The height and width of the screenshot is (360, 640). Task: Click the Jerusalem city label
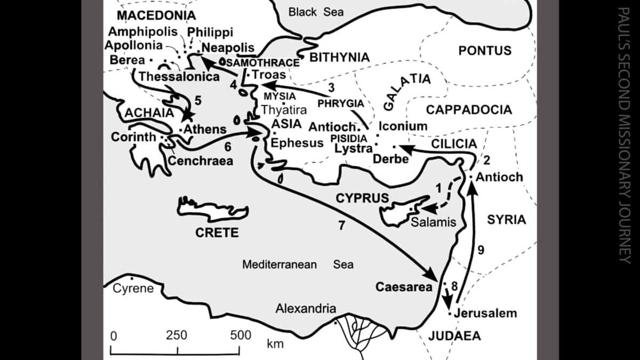(x=485, y=313)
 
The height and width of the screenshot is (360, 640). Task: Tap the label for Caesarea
(x=403, y=287)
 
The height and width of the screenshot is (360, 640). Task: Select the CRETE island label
(x=217, y=233)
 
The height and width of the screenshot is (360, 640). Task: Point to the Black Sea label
(x=316, y=12)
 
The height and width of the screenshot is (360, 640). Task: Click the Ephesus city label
(x=297, y=143)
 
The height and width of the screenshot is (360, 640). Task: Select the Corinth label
(x=134, y=137)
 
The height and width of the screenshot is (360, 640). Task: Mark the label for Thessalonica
(x=179, y=77)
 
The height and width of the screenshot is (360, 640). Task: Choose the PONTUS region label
(x=485, y=51)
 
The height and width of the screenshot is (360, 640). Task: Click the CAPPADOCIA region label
(x=469, y=110)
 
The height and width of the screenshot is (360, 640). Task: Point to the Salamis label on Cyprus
(x=434, y=221)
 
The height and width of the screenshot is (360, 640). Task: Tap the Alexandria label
(x=306, y=308)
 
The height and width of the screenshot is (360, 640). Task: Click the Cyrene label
(x=133, y=289)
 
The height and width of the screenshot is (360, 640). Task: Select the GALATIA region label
(x=406, y=91)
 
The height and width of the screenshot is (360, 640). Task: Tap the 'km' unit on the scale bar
(x=275, y=343)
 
